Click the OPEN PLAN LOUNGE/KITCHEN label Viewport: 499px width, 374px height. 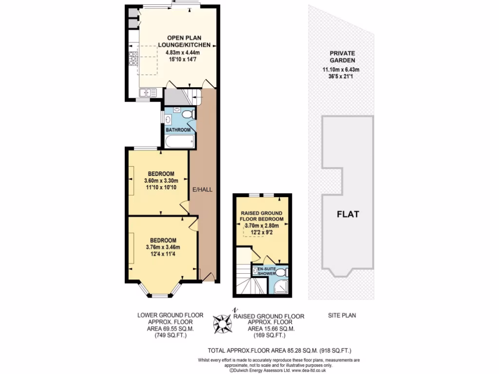point(184,41)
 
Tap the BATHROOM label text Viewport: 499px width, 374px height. point(177,130)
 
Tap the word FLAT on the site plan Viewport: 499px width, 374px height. point(347,214)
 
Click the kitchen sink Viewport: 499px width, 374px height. point(147,92)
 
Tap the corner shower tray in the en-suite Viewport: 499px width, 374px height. point(281,287)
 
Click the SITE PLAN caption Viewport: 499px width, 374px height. point(341,316)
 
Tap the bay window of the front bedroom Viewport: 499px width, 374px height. point(158,294)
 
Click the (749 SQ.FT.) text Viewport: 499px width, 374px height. point(170,336)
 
